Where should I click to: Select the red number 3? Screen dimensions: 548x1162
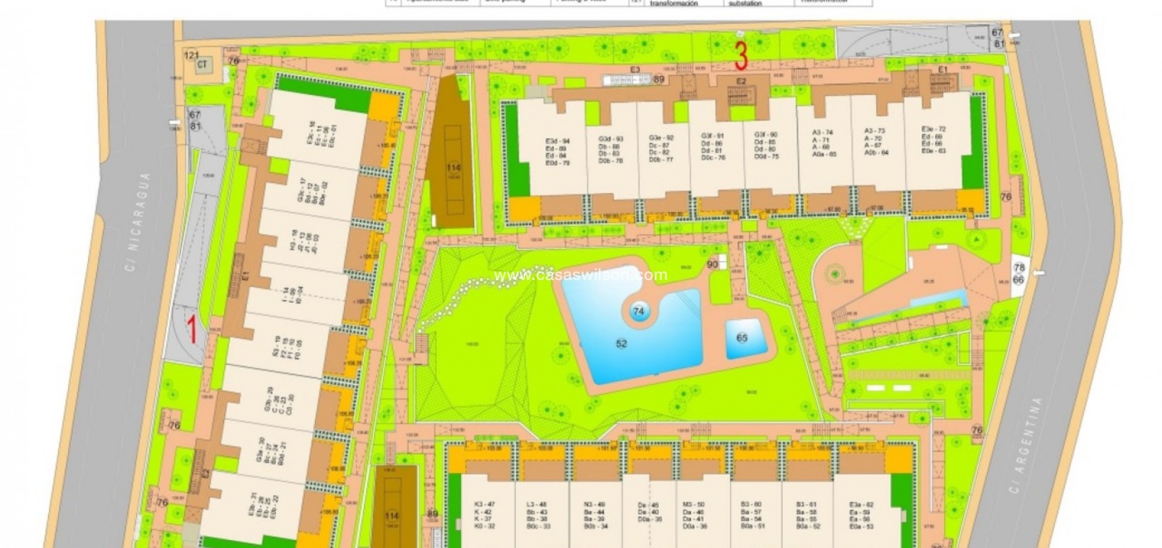click(741, 53)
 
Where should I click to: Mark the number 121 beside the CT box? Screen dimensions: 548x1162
click(190, 55)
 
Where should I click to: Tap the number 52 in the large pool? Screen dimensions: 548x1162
click(621, 344)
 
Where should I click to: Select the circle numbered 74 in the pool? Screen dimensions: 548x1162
click(638, 311)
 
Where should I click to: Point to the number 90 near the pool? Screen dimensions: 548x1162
click(713, 264)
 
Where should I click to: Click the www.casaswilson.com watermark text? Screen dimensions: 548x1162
click(580, 275)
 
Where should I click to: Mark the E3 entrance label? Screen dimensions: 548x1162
click(635, 69)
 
